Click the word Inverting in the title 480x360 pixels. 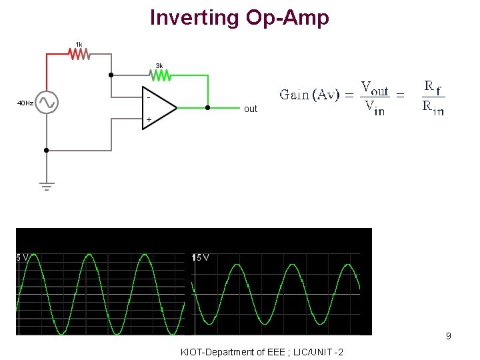coord(195,17)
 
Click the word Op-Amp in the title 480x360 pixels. coord(287,17)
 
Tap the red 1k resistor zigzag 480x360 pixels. coord(80,54)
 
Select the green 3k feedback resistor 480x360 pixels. coord(159,75)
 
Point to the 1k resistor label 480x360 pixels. coord(79,44)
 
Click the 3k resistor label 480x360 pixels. coord(159,65)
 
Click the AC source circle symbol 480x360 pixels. coord(47,103)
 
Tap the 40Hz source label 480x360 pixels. coord(25,103)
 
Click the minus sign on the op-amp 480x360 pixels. coord(148,95)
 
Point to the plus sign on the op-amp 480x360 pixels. coord(149,120)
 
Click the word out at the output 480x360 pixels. coord(251,109)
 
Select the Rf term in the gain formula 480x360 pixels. coord(433,87)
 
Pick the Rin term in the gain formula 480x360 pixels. coord(433,108)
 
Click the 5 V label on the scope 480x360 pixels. coord(23,257)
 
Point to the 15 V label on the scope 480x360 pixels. coord(201,257)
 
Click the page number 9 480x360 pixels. coord(449,336)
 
